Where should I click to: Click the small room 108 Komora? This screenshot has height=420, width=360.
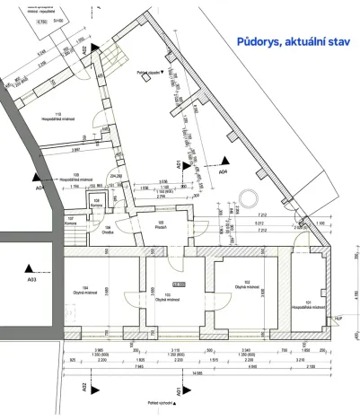point(96,203)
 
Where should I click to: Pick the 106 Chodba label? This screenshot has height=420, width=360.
point(109,229)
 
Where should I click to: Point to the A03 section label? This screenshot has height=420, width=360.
point(32,281)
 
